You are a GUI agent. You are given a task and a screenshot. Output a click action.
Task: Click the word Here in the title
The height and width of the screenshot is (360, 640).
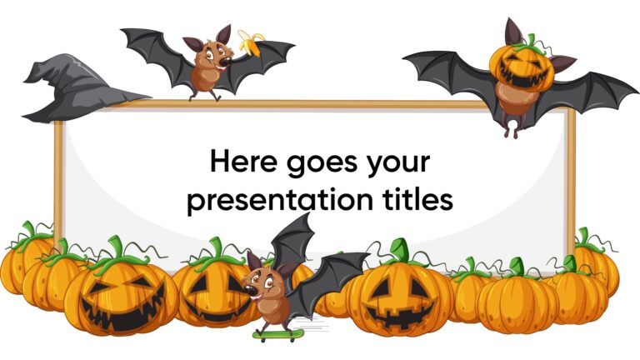[241, 162]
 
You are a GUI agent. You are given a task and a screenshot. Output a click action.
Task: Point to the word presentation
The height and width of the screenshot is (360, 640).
[272, 200]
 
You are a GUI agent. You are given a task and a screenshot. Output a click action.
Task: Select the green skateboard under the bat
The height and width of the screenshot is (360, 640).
[277, 336]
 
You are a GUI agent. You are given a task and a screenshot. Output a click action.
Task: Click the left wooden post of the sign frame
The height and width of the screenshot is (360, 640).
[58, 175]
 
